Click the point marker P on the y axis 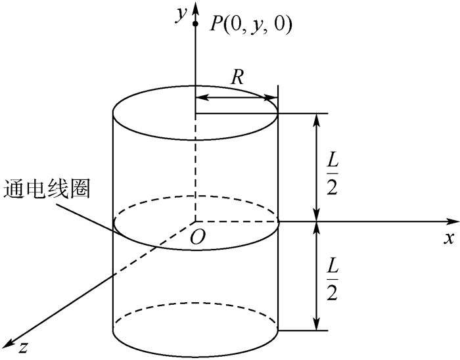(195, 24)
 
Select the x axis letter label (449, 238)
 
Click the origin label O (195, 237)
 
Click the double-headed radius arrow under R (237, 98)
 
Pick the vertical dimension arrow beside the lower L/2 (318, 276)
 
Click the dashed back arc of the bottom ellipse (196, 304)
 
